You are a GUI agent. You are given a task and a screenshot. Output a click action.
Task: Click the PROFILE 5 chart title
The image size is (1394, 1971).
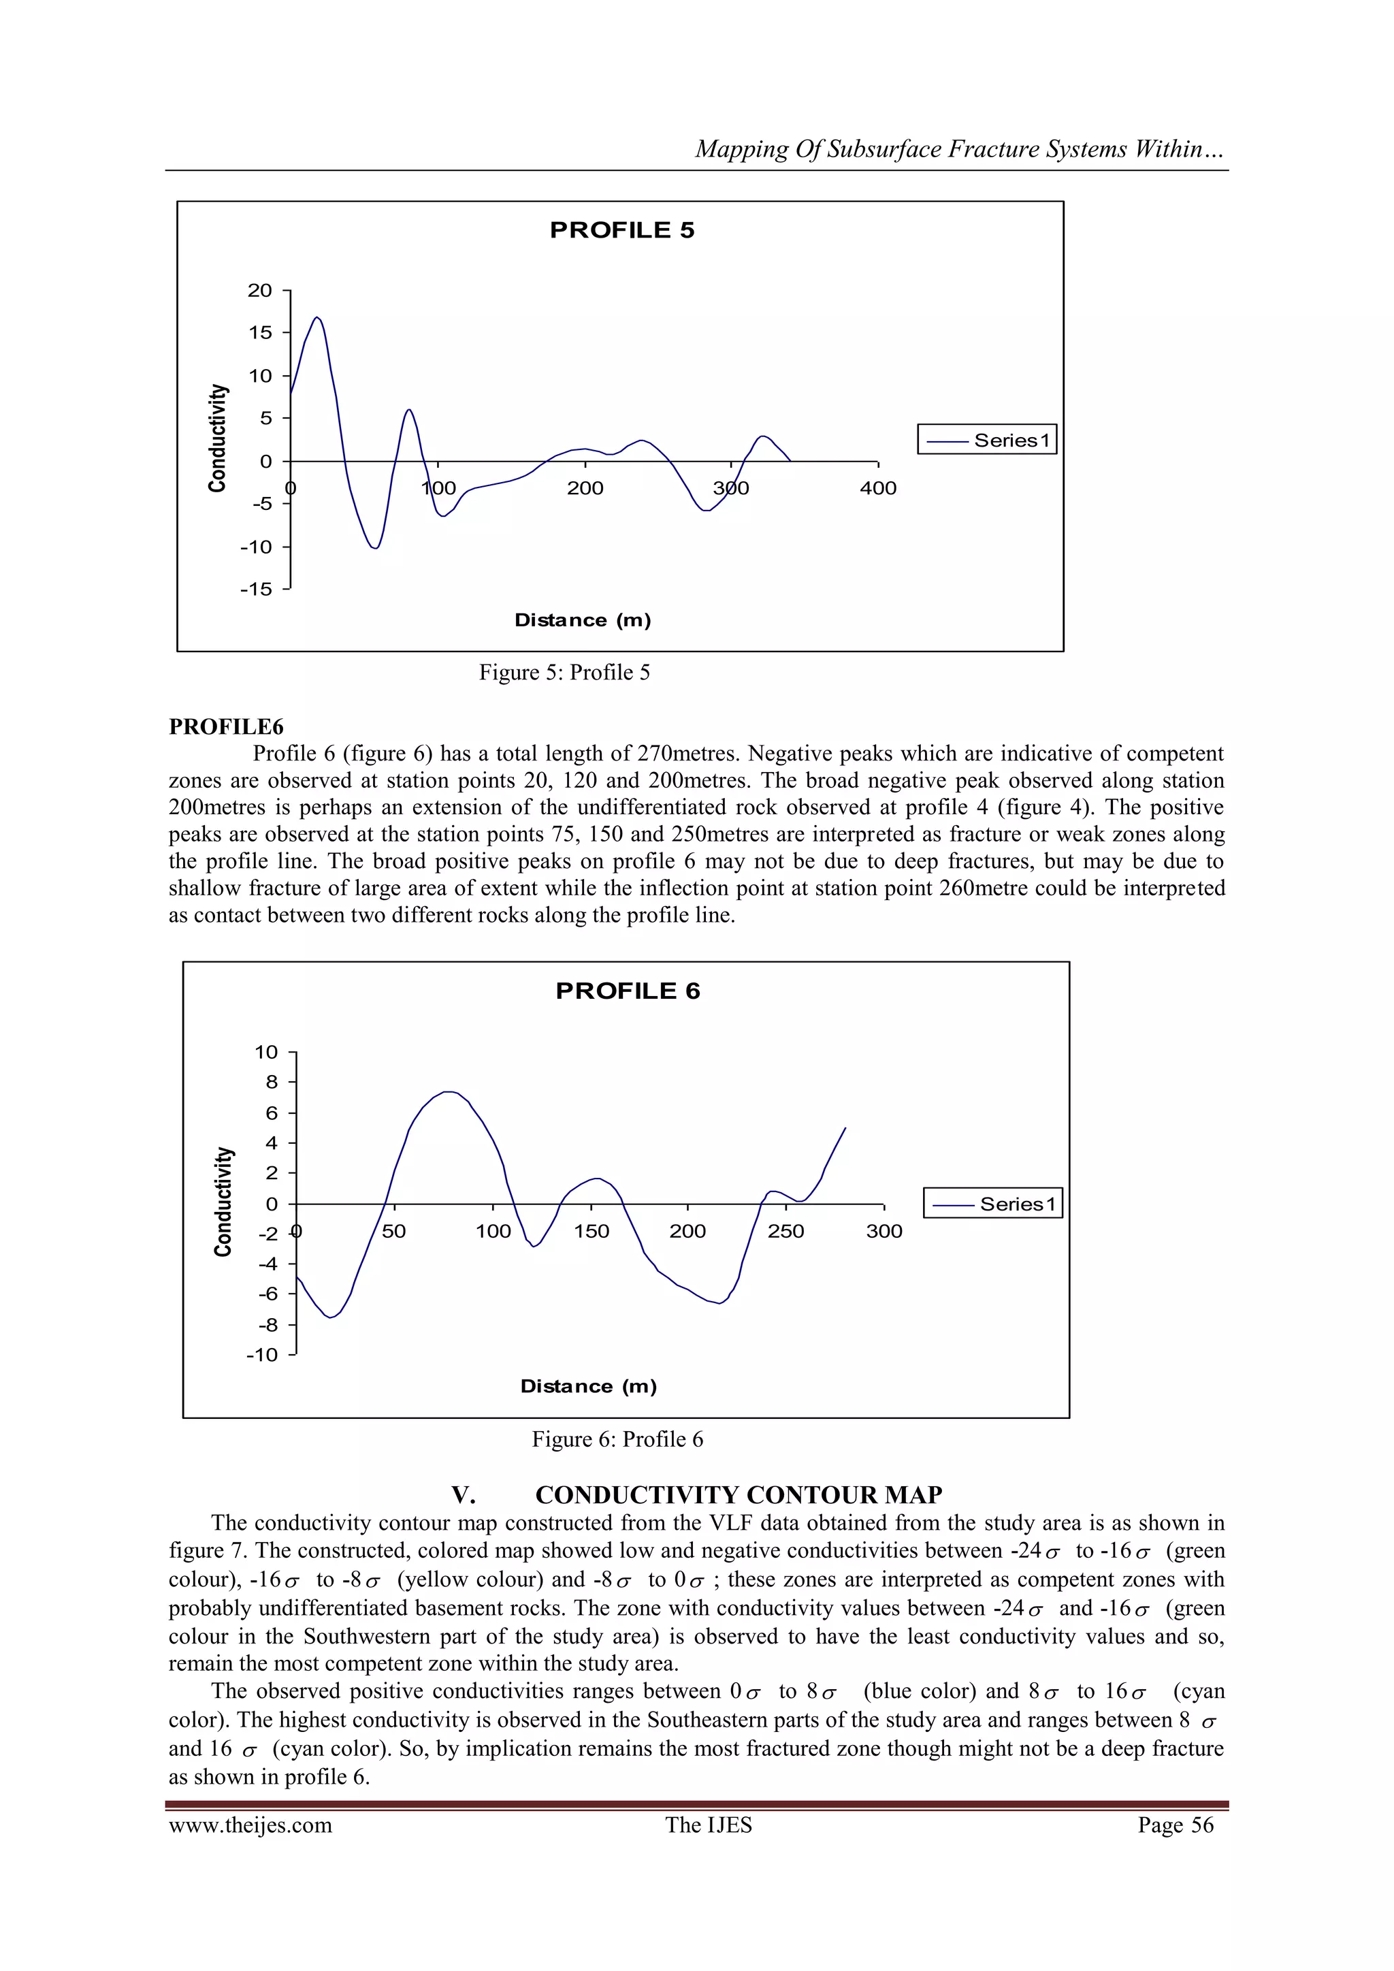[x=621, y=230]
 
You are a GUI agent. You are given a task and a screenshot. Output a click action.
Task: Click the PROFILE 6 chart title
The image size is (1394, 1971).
[x=628, y=991]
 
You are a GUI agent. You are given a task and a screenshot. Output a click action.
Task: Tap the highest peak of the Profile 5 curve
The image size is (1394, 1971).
[x=317, y=318]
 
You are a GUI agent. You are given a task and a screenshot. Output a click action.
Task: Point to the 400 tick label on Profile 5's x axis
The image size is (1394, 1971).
[x=877, y=488]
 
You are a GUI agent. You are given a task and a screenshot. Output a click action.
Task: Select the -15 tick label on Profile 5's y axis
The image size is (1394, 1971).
[x=256, y=589]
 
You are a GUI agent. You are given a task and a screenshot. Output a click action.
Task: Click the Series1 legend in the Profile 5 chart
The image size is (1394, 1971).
[x=987, y=440]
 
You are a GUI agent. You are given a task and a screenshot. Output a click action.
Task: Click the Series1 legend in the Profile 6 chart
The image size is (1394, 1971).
[x=993, y=1204]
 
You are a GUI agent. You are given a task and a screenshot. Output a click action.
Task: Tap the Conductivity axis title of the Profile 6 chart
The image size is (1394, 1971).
[x=223, y=1202]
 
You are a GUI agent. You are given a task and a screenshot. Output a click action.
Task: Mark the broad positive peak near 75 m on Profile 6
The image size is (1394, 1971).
[x=447, y=1092]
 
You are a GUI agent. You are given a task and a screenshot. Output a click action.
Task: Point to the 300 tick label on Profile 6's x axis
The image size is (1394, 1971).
[x=884, y=1231]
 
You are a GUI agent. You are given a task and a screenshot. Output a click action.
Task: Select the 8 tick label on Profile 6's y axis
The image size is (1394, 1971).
[x=272, y=1082]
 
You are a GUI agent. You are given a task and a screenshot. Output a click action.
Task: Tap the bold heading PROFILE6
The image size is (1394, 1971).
[x=226, y=727]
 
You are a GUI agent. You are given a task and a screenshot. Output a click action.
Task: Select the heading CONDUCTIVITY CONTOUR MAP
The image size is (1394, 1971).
[x=739, y=1494]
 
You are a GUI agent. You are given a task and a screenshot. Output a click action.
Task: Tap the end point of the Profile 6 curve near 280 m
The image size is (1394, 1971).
[x=845, y=1128]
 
